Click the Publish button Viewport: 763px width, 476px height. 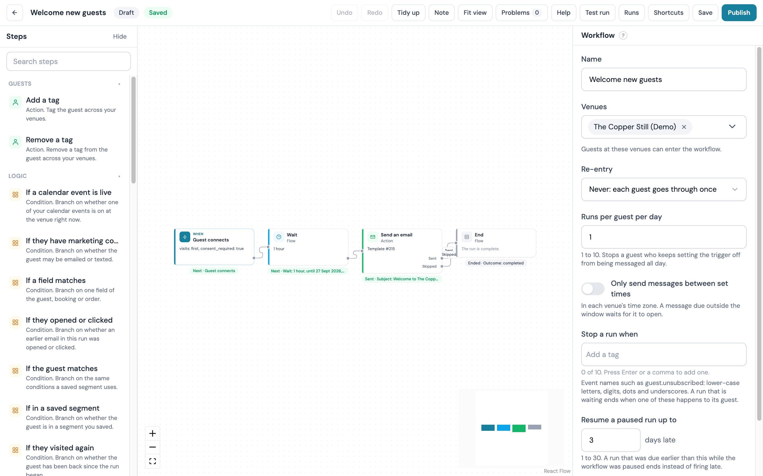738,13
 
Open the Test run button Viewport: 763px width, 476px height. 597,13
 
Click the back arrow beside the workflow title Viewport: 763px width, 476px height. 15,13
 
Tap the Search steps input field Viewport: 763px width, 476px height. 68,61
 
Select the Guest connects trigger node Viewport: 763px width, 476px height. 214,246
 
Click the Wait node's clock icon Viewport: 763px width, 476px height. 279,237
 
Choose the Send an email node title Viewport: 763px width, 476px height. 396,235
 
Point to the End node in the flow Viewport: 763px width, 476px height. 496,243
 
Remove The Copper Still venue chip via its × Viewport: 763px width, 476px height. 684,127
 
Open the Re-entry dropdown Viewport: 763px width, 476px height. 664,189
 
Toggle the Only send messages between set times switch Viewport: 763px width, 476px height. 593,288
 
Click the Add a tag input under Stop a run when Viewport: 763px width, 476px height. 664,354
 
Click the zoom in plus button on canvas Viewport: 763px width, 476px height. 153,433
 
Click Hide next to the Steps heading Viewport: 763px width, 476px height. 120,36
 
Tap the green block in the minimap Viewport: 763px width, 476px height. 519,428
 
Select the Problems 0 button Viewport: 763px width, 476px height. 521,13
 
